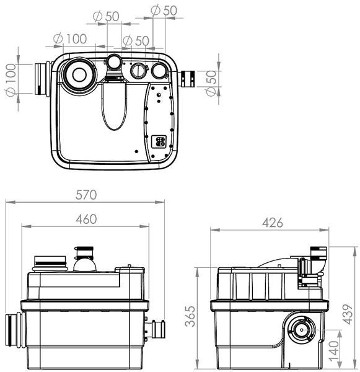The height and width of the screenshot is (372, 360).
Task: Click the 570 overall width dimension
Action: (86, 194)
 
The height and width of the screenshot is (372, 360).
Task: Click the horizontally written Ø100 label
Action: (70, 38)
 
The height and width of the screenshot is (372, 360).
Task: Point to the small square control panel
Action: (158, 142)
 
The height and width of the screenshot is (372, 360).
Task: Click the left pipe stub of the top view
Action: (42, 79)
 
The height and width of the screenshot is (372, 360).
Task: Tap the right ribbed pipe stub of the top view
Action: (188, 79)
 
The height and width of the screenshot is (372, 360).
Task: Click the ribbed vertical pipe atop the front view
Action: (85, 254)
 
